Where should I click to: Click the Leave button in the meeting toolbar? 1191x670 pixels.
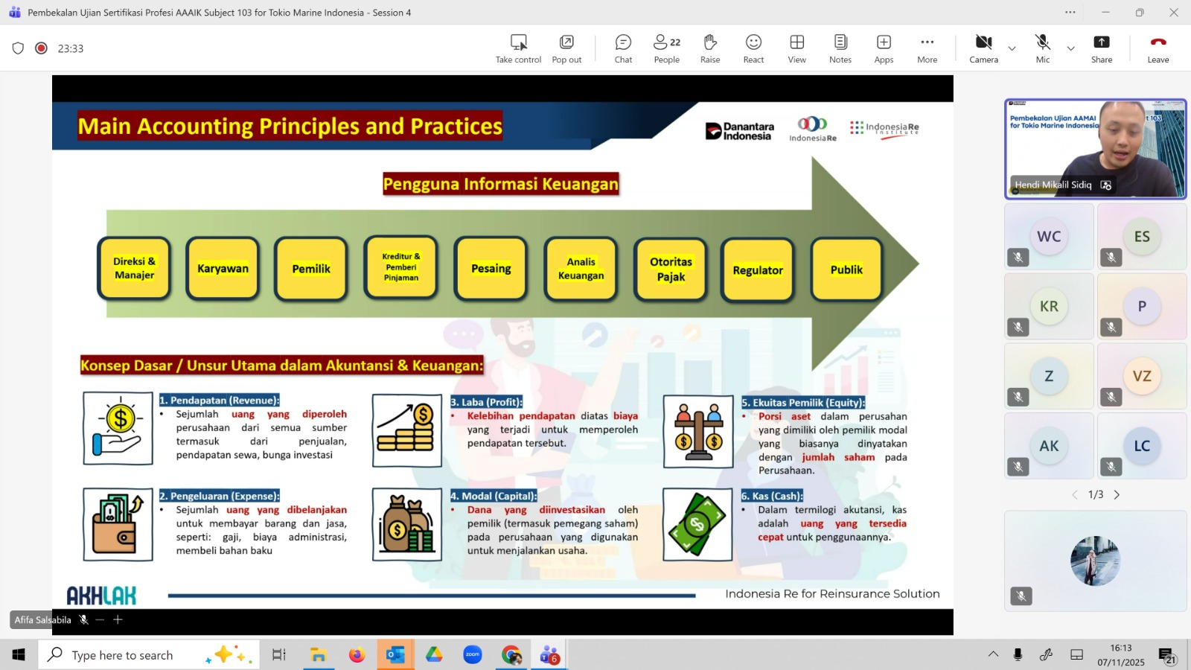1158,48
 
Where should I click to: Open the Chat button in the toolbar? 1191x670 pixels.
623,48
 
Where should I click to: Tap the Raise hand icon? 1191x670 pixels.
710,42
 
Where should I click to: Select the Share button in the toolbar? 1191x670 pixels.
1101,48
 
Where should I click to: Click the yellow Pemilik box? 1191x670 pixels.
311,269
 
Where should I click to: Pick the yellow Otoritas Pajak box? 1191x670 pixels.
671,269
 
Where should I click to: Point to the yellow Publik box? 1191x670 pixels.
846,269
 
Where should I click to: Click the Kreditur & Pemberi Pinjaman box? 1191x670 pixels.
400,267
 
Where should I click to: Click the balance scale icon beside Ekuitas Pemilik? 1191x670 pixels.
698,432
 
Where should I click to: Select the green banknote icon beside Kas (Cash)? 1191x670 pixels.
697,524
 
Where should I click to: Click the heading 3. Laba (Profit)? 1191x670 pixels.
487,402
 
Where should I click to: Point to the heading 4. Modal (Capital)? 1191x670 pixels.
494,496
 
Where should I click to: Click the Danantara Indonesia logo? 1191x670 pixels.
740,131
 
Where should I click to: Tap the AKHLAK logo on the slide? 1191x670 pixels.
101,596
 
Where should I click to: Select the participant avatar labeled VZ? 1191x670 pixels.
1142,376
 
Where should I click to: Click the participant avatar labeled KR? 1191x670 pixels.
1049,306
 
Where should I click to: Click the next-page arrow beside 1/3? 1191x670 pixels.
1117,494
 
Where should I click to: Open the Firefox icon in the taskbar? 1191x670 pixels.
357,654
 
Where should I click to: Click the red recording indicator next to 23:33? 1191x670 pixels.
41,48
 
